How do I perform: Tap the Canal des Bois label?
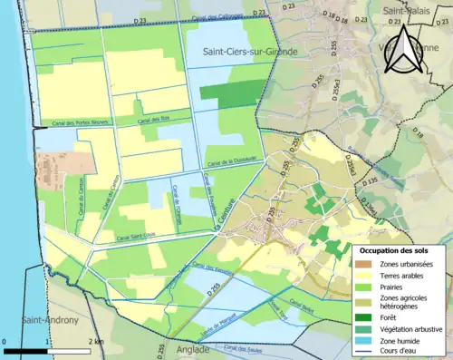click(155, 121)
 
